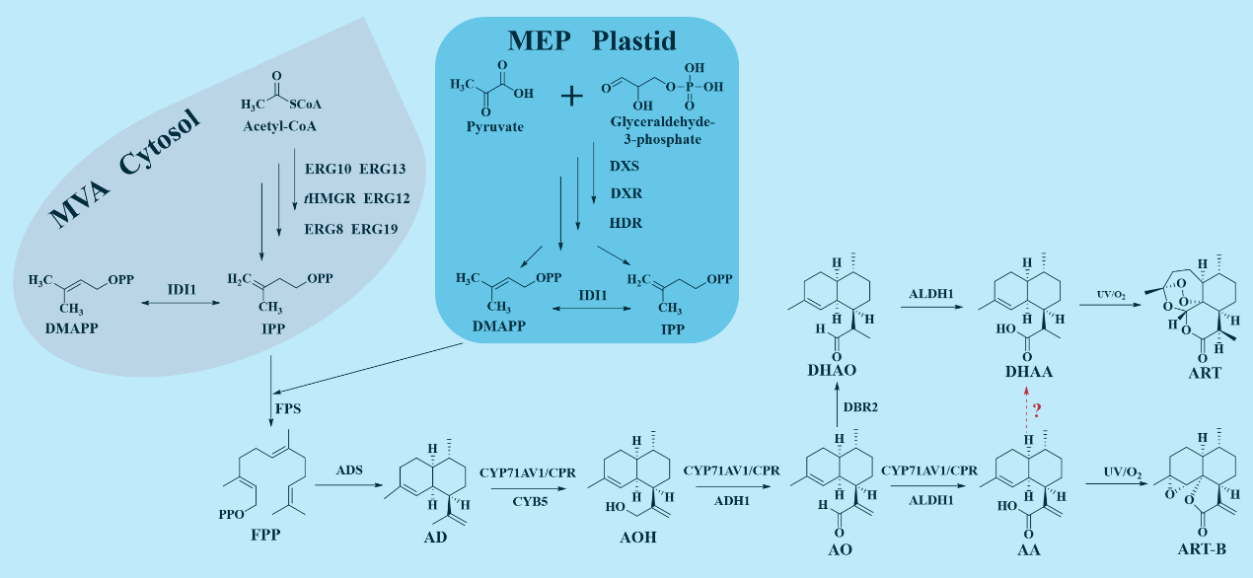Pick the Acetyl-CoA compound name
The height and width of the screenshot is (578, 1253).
(280, 126)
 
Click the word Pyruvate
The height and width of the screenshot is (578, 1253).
(494, 126)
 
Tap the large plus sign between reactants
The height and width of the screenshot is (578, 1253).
(572, 95)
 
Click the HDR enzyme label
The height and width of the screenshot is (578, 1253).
(626, 223)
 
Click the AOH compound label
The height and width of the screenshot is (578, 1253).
(636, 538)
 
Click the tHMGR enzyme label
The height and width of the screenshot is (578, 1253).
(331, 198)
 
